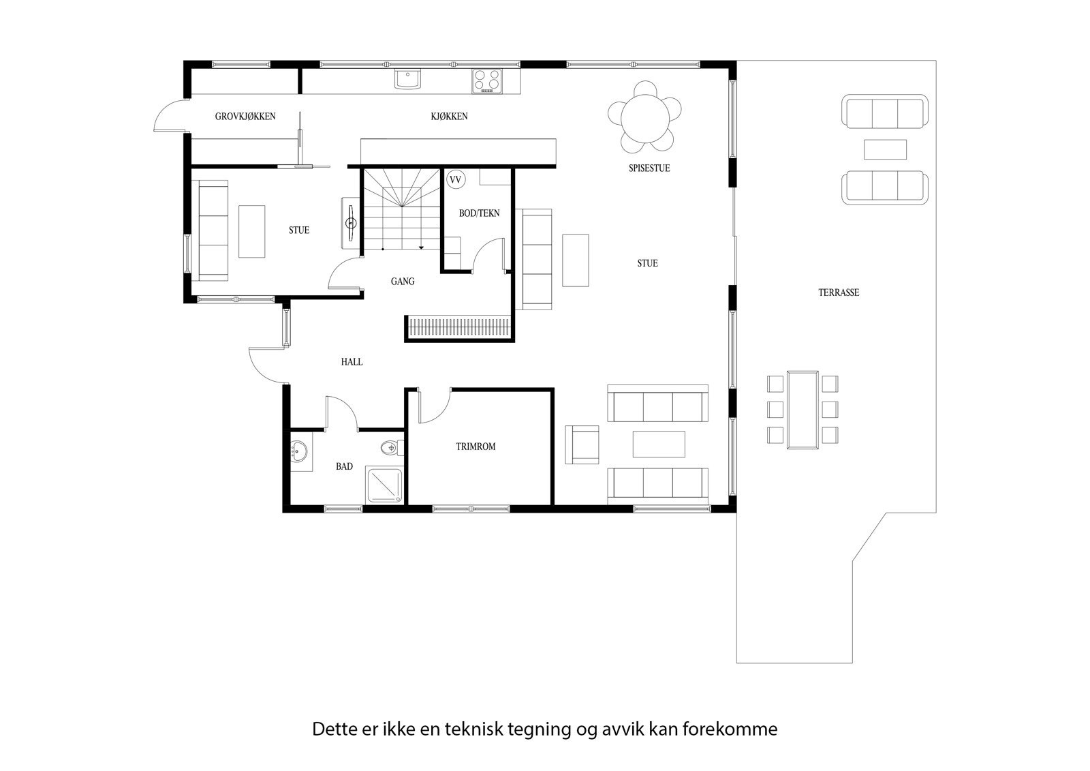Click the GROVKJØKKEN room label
tap(245, 117)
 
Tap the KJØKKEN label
tap(449, 117)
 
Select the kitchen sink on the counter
tap(408, 79)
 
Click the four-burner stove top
tap(487, 80)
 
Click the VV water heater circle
tap(455, 180)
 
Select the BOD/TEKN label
tap(479, 213)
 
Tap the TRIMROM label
tap(476, 447)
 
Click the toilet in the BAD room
tap(389, 448)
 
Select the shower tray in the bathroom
tap(385, 485)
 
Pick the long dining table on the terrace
tap(803, 409)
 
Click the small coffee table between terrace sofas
tap(885, 149)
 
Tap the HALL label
tap(352, 362)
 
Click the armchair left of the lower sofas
tap(582, 444)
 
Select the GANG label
tap(403, 282)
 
